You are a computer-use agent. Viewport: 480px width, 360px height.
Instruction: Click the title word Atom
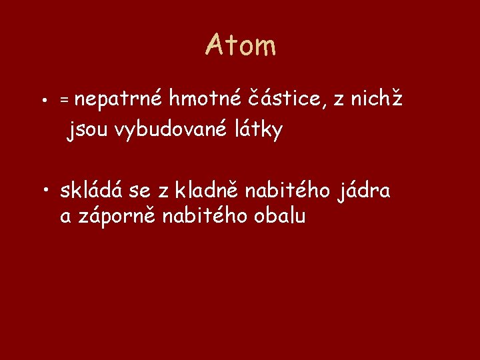[x=240, y=45]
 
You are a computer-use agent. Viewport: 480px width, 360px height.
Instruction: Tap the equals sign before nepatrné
[x=64, y=99]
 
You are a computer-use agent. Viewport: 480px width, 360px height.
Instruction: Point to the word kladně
[x=207, y=191]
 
